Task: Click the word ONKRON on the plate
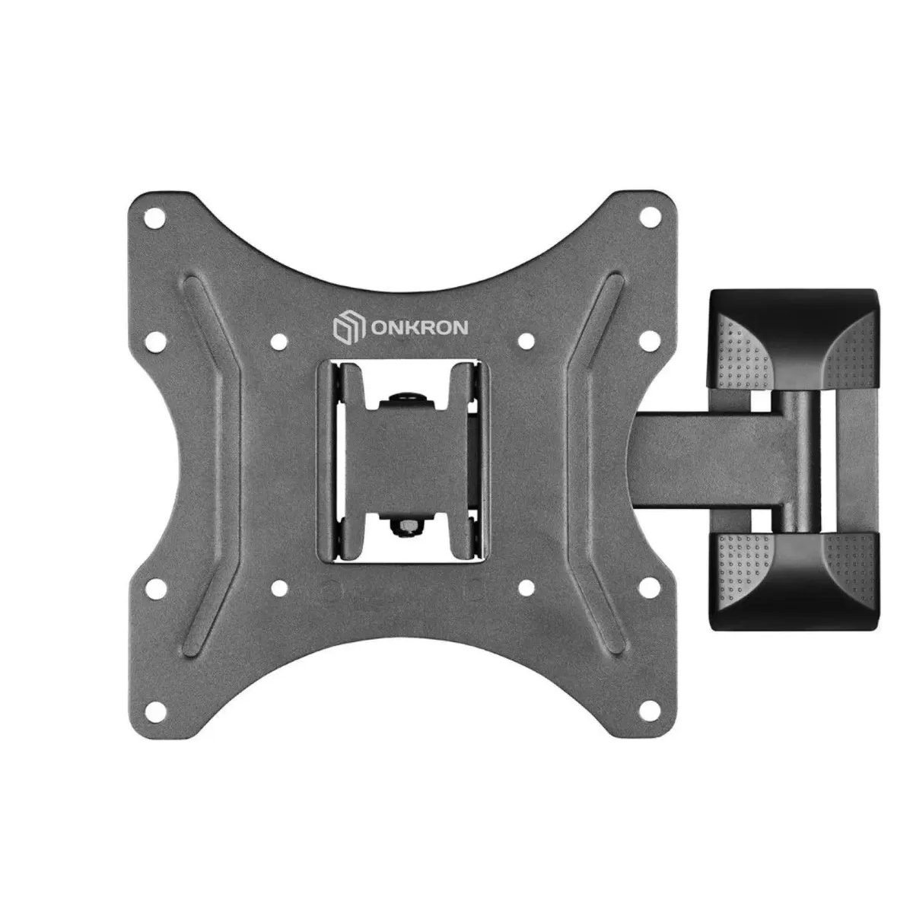(x=419, y=328)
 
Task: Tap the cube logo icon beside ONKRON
(x=349, y=328)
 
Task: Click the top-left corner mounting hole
(x=154, y=218)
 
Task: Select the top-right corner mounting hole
(x=650, y=218)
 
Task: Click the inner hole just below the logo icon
(x=279, y=340)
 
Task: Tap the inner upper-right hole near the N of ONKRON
(x=526, y=340)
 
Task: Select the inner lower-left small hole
(x=279, y=588)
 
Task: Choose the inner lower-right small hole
(x=526, y=588)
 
